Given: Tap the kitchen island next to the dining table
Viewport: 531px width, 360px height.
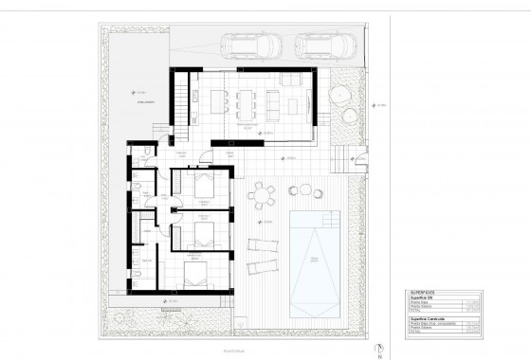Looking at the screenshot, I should click(x=221, y=99).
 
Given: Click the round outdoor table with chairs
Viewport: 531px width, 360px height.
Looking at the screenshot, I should click(x=261, y=194).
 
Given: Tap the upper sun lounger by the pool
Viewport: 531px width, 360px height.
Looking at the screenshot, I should click(x=261, y=244).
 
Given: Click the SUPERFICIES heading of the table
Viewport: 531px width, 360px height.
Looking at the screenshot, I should click(x=423, y=292).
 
